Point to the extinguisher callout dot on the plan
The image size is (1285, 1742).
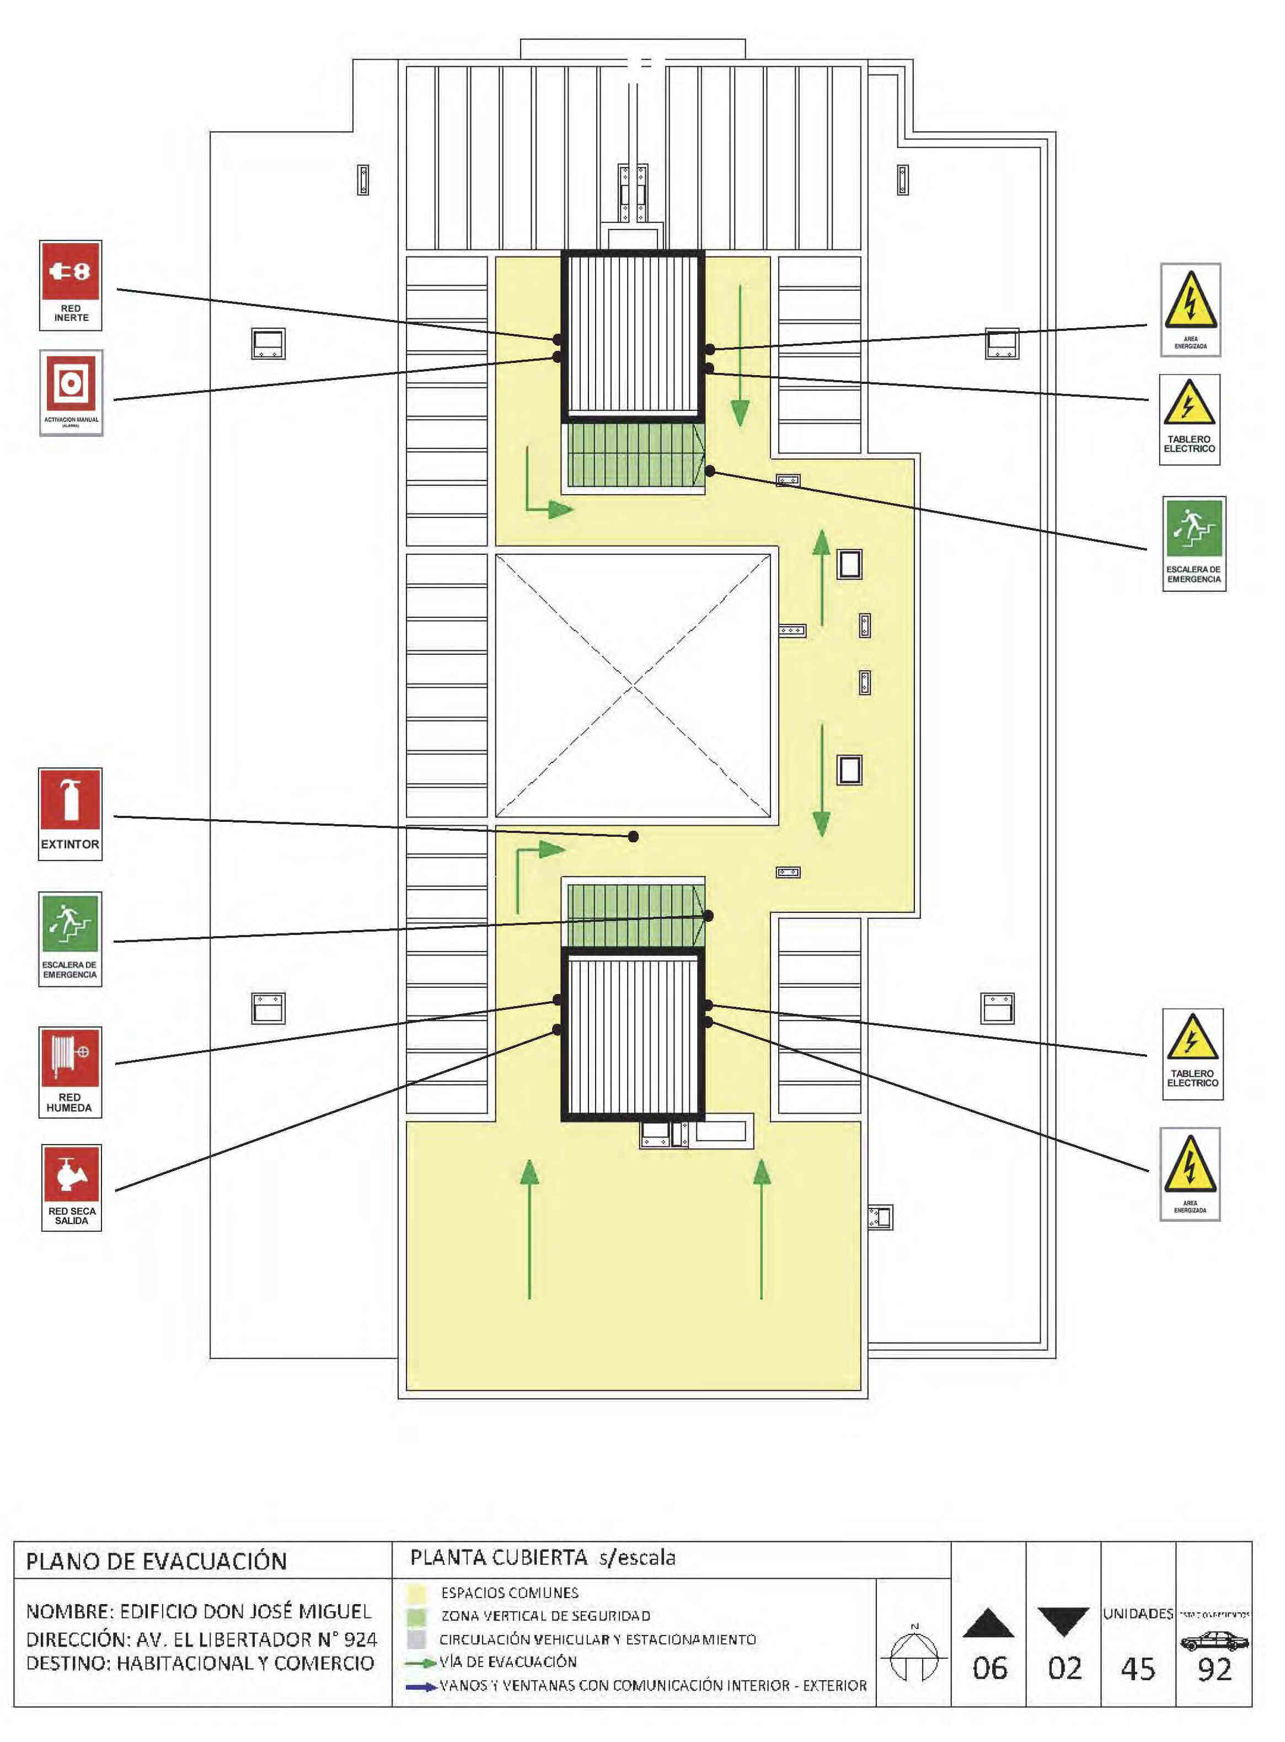(x=633, y=836)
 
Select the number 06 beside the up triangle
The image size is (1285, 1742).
(x=989, y=1669)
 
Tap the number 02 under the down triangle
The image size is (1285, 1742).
(x=1063, y=1669)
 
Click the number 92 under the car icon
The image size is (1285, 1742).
(x=1215, y=1670)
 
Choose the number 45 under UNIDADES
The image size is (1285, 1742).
(x=1138, y=1670)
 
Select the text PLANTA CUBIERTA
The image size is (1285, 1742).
(x=498, y=1558)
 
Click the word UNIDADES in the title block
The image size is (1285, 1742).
(x=1137, y=1613)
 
